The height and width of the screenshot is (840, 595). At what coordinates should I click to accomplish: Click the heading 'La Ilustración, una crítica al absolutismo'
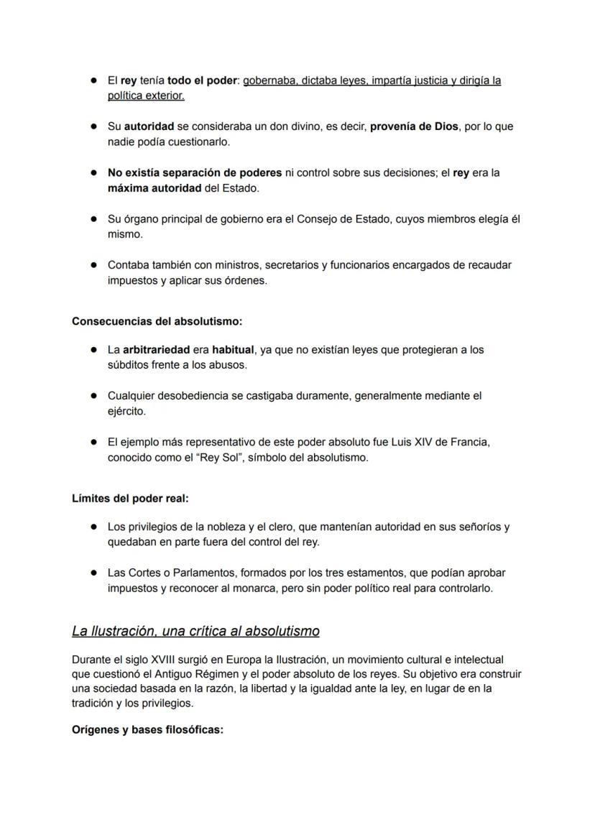(x=195, y=632)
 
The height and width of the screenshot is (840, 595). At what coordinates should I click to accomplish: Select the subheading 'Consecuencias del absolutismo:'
(x=157, y=321)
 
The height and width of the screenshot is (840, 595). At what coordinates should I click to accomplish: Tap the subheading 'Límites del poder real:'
(x=130, y=498)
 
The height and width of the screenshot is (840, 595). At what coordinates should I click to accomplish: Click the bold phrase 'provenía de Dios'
(x=414, y=126)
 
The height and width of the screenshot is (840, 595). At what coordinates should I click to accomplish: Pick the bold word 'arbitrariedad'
(x=156, y=350)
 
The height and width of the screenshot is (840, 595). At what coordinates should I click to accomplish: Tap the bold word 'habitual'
(x=233, y=350)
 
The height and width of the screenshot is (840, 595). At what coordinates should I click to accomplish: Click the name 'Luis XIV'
(x=413, y=442)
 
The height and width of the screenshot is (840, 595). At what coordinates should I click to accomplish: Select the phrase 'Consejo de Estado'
(x=341, y=219)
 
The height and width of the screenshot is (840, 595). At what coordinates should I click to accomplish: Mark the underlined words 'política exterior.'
(x=146, y=96)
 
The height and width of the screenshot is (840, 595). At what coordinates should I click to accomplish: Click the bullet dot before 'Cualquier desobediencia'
(x=93, y=396)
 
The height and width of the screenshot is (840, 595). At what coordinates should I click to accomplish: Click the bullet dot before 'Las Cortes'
(x=93, y=573)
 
